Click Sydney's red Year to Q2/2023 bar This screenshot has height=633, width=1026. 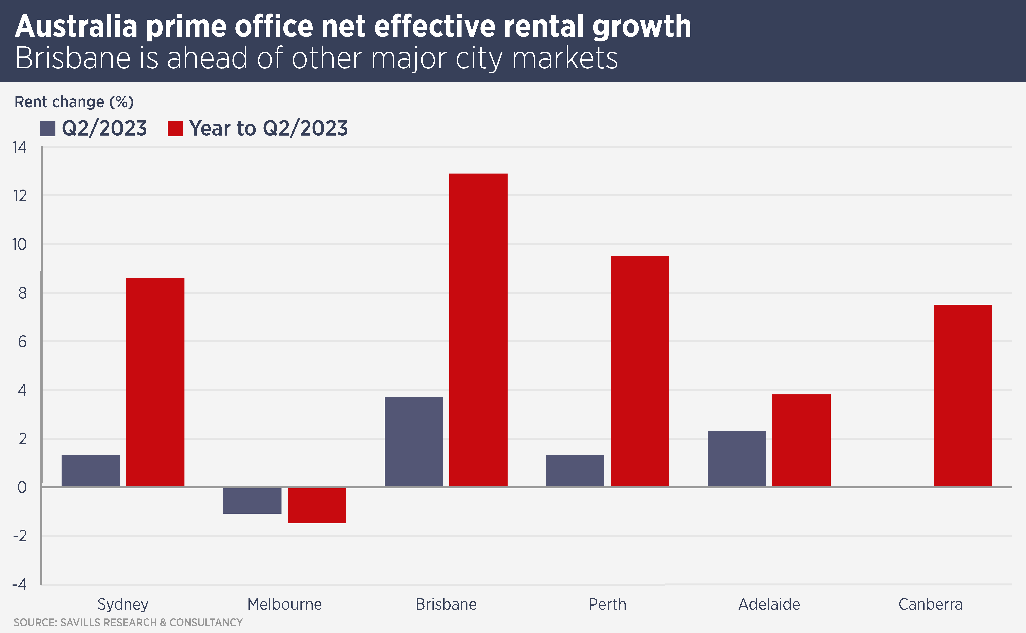point(155,382)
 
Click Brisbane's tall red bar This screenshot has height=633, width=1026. point(478,330)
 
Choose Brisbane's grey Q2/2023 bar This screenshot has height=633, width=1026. point(413,442)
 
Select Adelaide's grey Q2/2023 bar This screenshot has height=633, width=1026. point(736,458)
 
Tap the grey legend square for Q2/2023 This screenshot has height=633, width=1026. point(48,128)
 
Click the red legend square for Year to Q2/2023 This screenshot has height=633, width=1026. point(175,128)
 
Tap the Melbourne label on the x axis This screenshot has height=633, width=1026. point(284,604)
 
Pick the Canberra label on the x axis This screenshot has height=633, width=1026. point(930,604)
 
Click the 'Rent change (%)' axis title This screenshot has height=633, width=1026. point(74,102)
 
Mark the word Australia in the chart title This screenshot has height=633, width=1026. point(76,26)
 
